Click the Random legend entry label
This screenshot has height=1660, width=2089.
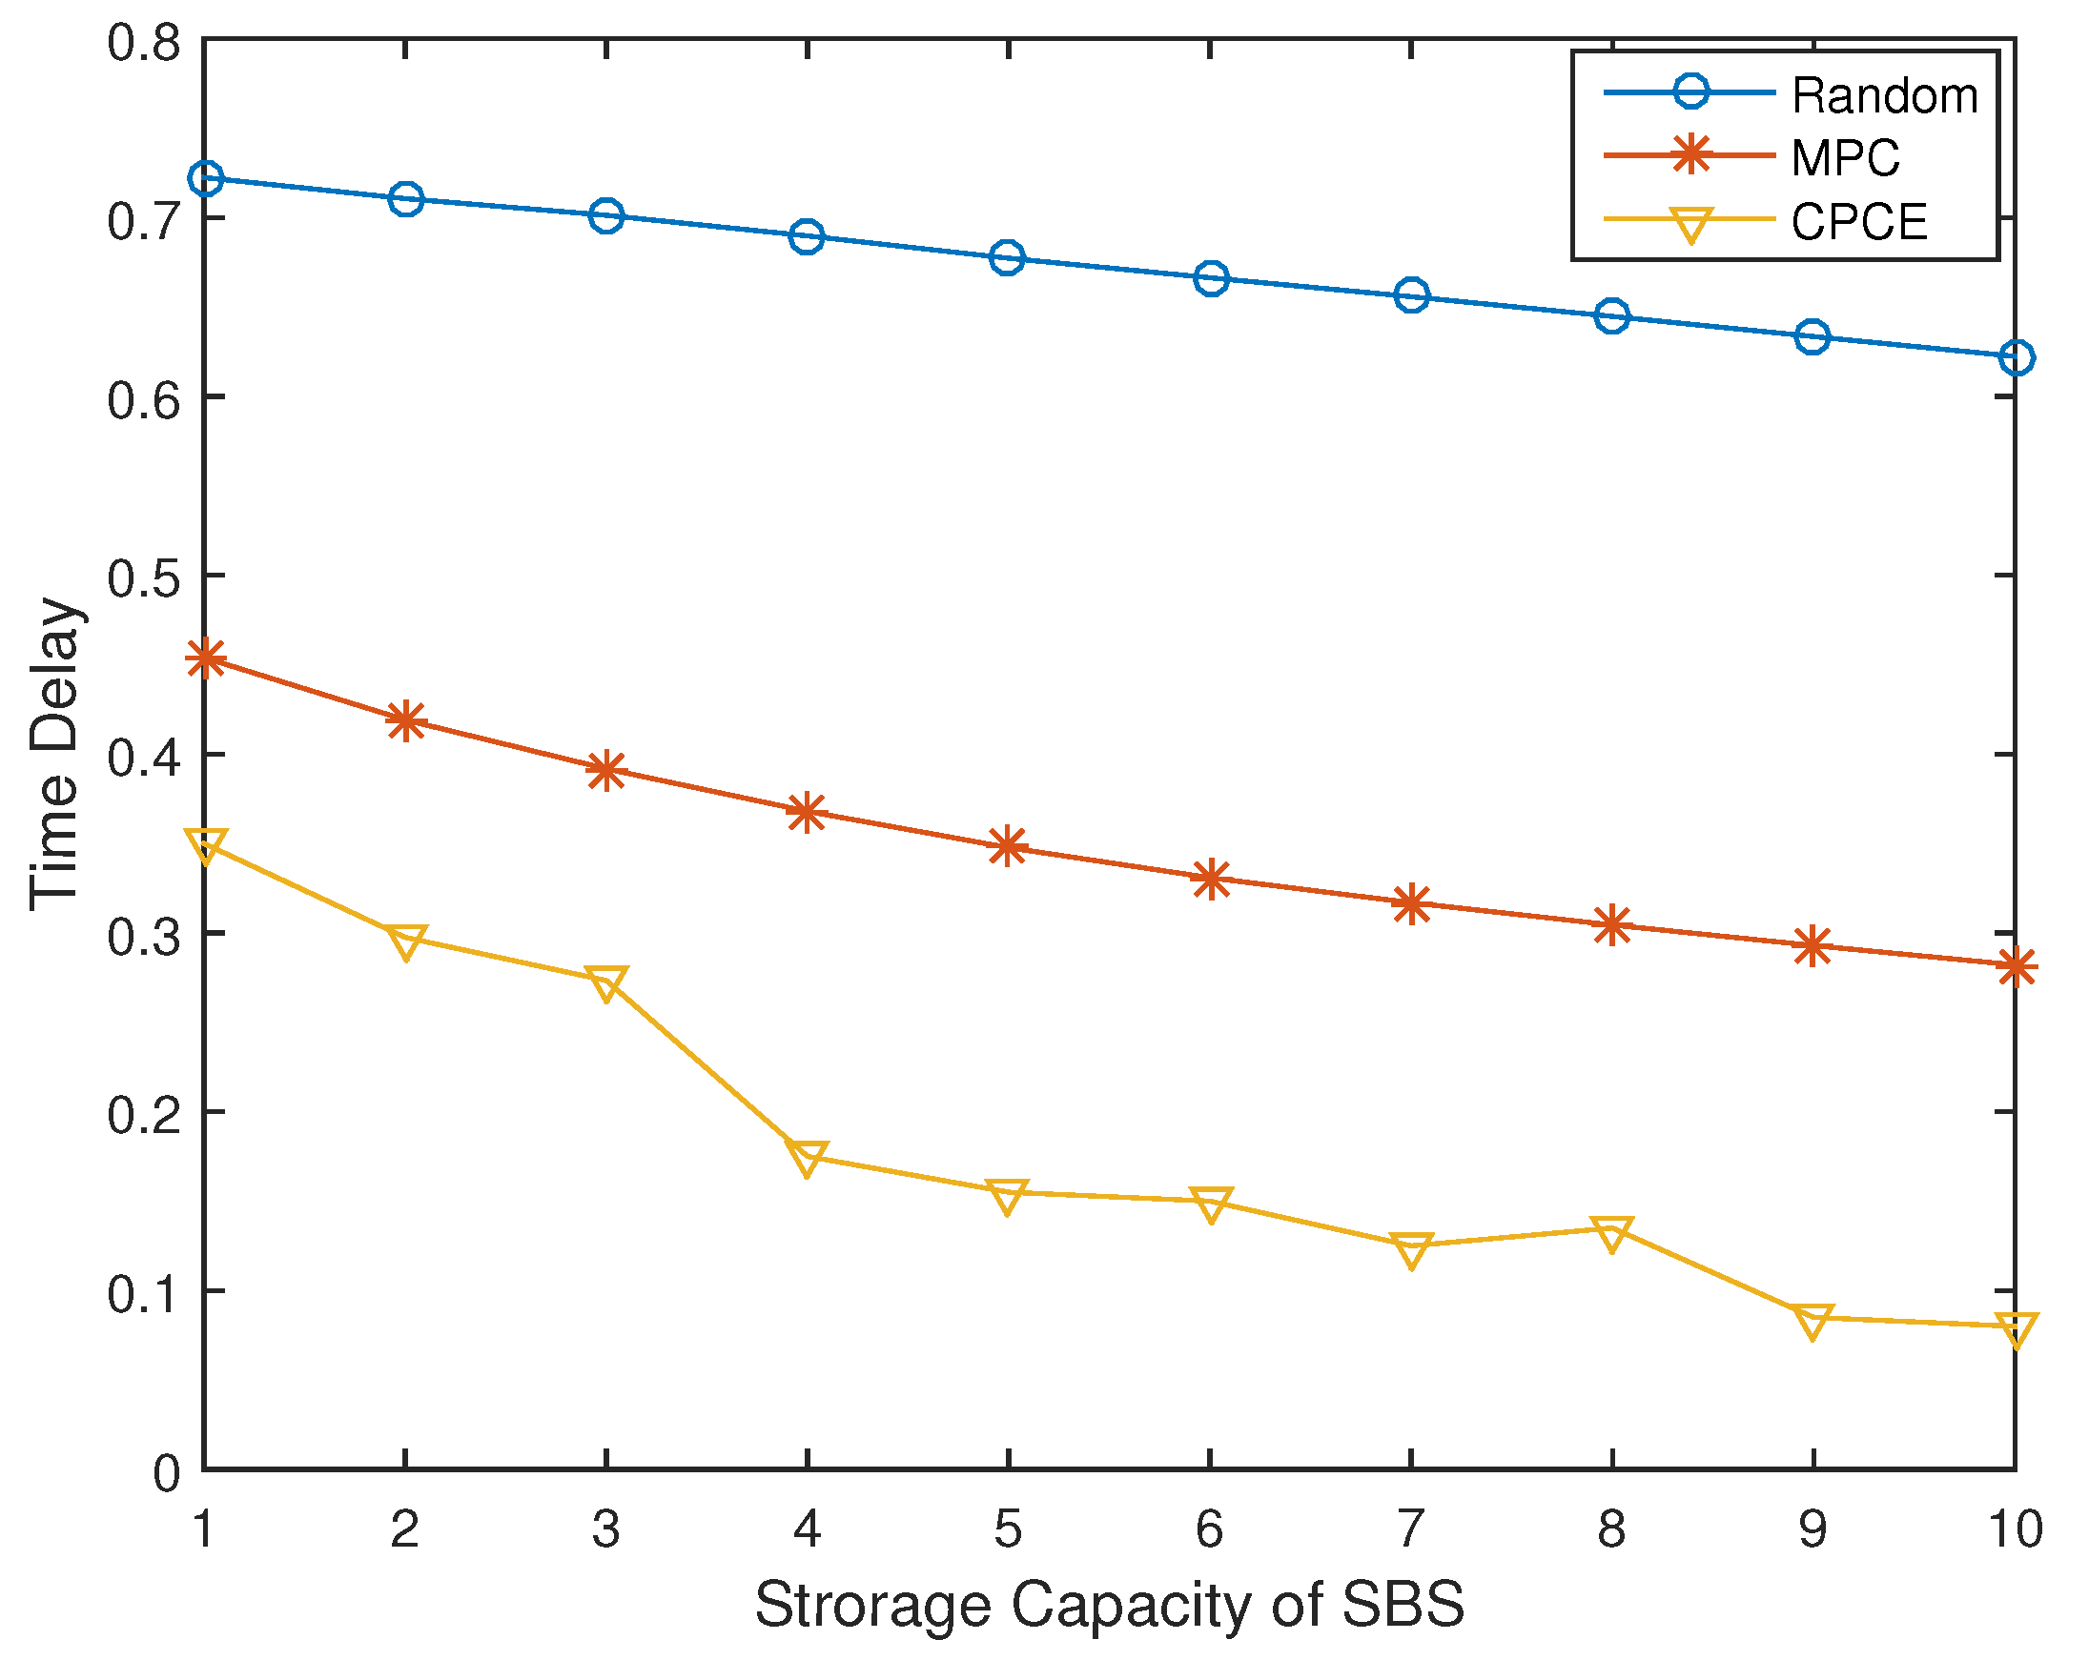pyautogui.click(x=1884, y=96)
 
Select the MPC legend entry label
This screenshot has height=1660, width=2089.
pyautogui.click(x=1845, y=158)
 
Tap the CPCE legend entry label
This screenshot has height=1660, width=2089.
pyautogui.click(x=1858, y=222)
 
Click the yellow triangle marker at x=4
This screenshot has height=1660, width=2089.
pyautogui.click(x=808, y=1158)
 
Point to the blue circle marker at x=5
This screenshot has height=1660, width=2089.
pyautogui.click(x=1008, y=258)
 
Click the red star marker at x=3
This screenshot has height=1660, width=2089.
pyautogui.click(x=606, y=770)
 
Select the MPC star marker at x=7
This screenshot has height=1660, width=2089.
pyautogui.click(x=1411, y=904)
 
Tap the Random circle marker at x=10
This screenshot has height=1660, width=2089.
pyautogui.click(x=2016, y=357)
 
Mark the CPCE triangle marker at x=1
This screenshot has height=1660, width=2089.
pyautogui.click(x=205, y=845)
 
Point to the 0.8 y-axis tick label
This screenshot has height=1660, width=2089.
pyautogui.click(x=143, y=44)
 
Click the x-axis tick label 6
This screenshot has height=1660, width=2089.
pyautogui.click(x=1209, y=1529)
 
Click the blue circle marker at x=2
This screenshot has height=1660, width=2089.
pyautogui.click(x=406, y=199)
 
